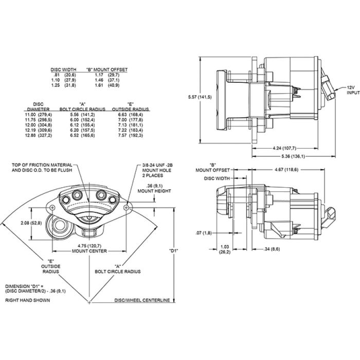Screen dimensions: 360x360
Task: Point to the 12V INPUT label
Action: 352,91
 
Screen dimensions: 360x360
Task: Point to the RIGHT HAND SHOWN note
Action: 28,300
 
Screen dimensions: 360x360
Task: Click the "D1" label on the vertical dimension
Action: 173,251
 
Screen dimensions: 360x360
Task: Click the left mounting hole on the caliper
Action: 52,207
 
